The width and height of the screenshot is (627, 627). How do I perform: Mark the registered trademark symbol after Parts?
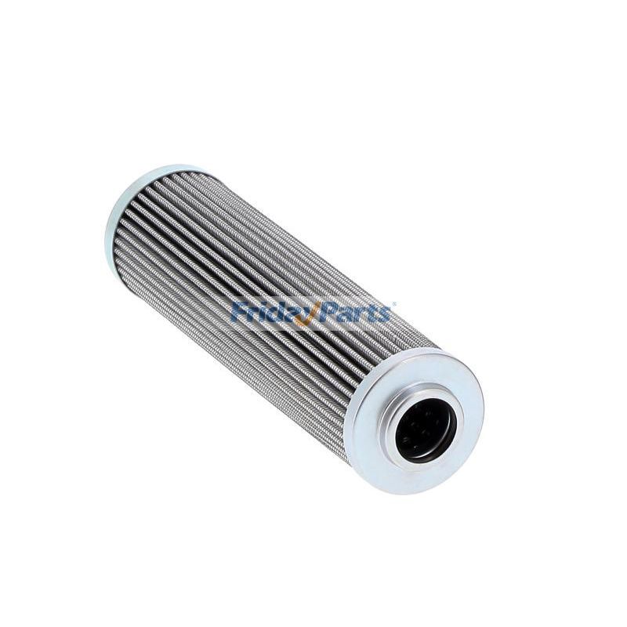394,304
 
